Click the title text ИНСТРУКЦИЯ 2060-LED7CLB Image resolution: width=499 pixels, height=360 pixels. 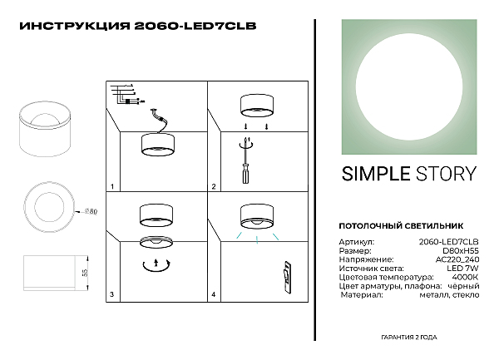click(x=137, y=26)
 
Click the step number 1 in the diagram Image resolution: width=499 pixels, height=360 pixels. click(x=112, y=187)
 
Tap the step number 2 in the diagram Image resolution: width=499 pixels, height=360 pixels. click(x=213, y=187)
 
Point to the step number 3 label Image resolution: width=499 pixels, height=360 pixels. click(x=112, y=294)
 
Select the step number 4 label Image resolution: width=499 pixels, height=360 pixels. click(x=213, y=294)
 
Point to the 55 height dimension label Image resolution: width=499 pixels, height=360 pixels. click(x=84, y=272)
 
